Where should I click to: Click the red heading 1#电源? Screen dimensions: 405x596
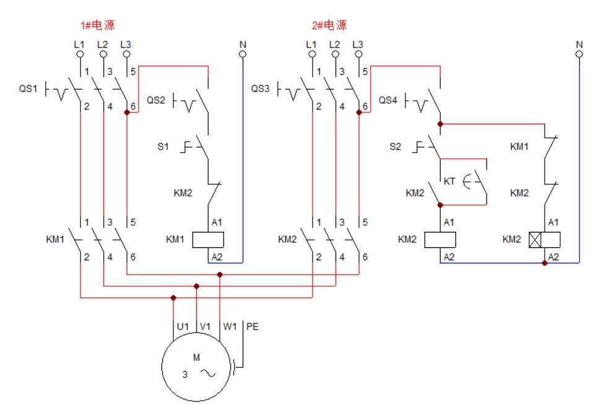pyautogui.click(x=98, y=25)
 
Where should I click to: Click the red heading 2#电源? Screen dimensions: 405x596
pyautogui.click(x=329, y=25)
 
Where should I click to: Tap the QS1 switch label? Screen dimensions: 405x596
pyautogui.click(x=28, y=89)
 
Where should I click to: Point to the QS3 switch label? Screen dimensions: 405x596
pyautogui.click(x=261, y=89)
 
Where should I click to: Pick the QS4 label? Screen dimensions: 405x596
pyautogui.click(x=388, y=100)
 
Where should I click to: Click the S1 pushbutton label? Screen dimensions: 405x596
pyautogui.click(x=162, y=147)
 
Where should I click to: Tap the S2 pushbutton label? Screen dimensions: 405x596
pyautogui.click(x=395, y=147)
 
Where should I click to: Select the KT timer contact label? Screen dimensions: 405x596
pyautogui.click(x=449, y=181)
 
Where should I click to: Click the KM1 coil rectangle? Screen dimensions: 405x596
pyautogui.click(x=208, y=239)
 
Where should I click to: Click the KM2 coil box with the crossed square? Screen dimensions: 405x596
pyautogui.click(x=545, y=239)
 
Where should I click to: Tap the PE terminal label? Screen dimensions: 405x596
pyautogui.click(x=253, y=326)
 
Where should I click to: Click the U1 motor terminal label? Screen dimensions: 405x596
pyautogui.click(x=183, y=326)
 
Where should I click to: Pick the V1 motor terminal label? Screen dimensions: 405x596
pyautogui.click(x=205, y=326)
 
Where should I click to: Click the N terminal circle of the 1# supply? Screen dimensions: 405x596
pyautogui.click(x=243, y=55)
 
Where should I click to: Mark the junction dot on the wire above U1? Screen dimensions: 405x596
pyautogui.click(x=173, y=297)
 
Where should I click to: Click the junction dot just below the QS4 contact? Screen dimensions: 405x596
pyautogui.click(x=440, y=124)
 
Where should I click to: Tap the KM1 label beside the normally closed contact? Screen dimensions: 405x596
pyautogui.click(x=519, y=147)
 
